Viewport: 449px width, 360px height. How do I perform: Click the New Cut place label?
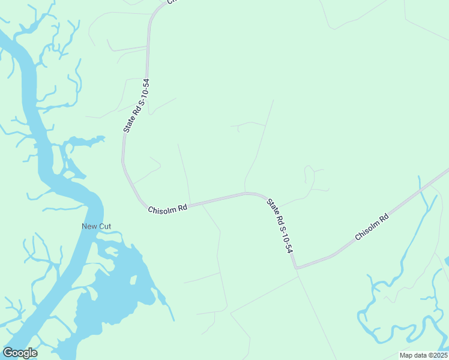click(x=97, y=226)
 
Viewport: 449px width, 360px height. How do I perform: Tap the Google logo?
click(x=20, y=353)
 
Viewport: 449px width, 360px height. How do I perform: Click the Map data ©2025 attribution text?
click(x=423, y=355)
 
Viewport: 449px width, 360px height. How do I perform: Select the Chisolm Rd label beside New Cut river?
click(x=168, y=208)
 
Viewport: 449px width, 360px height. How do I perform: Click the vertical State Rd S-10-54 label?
click(x=134, y=105)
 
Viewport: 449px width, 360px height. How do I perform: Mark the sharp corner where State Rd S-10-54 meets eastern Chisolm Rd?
click(x=295, y=268)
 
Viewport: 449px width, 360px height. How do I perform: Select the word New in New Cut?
click(x=89, y=226)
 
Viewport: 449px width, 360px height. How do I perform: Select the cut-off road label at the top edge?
click(x=172, y=2)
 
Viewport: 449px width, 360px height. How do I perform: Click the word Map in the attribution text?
click(x=406, y=355)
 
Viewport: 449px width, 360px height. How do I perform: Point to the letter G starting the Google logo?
click(x=8, y=353)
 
